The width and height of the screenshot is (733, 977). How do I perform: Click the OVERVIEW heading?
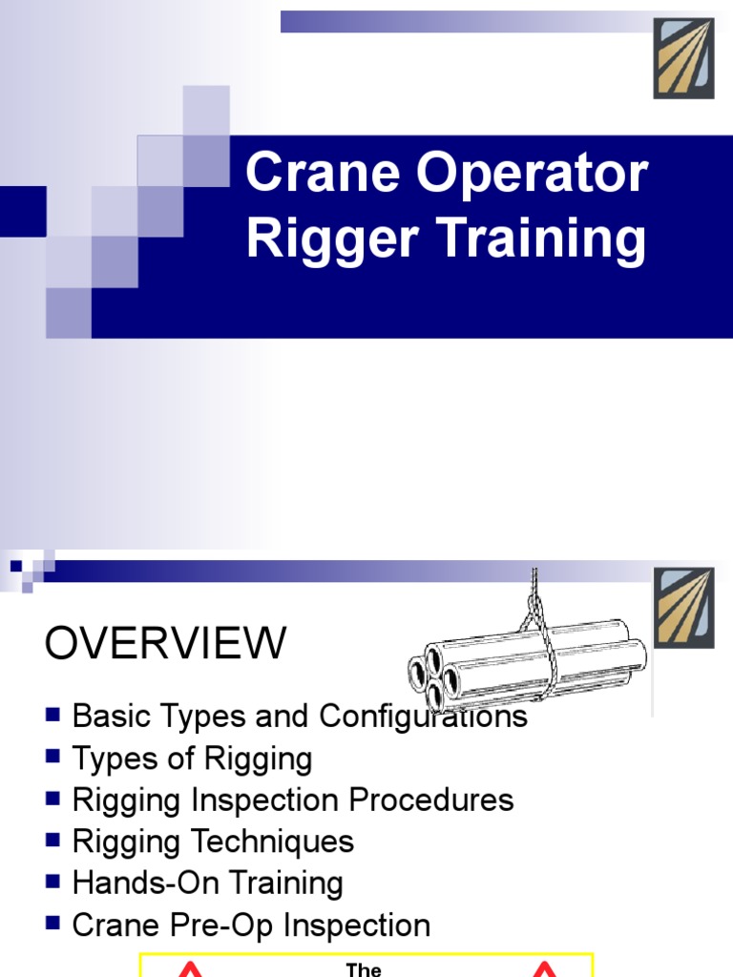pos(165,645)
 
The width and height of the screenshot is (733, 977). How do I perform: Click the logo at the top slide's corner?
pos(683,58)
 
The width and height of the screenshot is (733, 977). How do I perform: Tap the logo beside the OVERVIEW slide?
pos(683,607)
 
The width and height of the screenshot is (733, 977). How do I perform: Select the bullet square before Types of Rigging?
pos(53,758)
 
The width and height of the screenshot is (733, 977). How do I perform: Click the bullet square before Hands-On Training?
pos(53,882)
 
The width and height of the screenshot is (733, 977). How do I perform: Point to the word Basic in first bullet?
pos(110,717)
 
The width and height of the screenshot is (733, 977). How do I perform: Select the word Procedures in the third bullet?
pos(445,800)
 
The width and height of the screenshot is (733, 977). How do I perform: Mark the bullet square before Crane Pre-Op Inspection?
pos(53,923)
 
